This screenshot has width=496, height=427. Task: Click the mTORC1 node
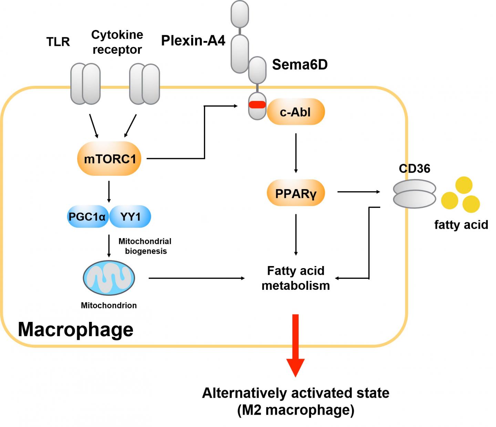pos(110,159)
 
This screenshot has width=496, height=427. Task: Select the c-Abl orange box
pos(296,112)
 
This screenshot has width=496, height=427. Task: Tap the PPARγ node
pos(296,193)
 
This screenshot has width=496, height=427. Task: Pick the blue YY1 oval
pos(131,217)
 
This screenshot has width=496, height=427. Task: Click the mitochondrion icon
pos(109,278)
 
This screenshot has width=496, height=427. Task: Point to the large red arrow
pos(296,345)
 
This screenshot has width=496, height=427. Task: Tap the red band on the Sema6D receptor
pos(257,104)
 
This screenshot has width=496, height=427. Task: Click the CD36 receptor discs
pos(415,195)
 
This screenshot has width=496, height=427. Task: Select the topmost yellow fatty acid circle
pos(464,185)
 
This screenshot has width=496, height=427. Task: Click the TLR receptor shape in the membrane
pos(85,83)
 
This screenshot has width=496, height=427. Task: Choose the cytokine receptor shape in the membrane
pos(144,83)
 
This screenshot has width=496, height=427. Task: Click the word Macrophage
pos(75,329)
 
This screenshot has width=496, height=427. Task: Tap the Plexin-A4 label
pos(193,41)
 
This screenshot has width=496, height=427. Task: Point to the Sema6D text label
pos(300,64)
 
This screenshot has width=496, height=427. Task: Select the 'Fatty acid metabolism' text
pos(296,278)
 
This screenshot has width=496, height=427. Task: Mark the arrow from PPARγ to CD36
pos(358,192)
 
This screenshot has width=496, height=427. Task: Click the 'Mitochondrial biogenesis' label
pos(145,246)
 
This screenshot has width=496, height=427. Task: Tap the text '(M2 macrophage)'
pos(296,410)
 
